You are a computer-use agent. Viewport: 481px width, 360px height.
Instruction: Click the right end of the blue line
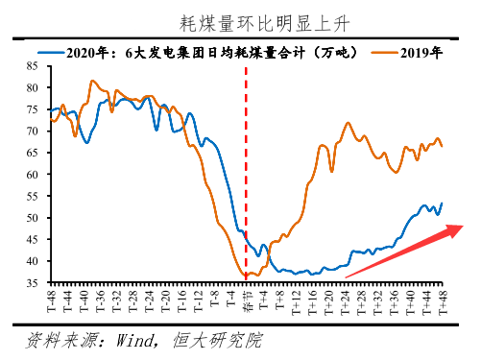point(442,204)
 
